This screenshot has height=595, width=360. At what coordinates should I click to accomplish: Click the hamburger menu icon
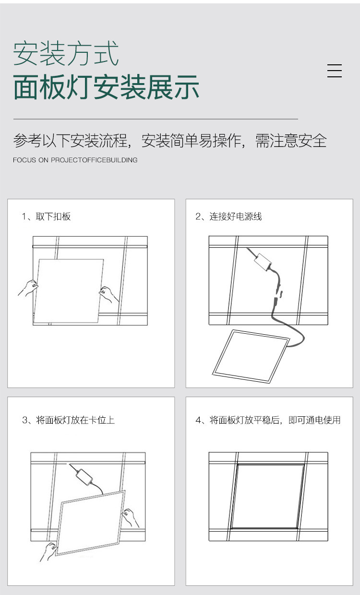[334, 71]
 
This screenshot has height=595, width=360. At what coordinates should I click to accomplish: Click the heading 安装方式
[66, 53]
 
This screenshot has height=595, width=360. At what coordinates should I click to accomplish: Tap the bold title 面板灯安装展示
[106, 87]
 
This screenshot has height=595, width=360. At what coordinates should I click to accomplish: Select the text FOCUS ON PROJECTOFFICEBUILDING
[75, 160]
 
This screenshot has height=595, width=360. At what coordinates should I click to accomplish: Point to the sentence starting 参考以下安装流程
[169, 141]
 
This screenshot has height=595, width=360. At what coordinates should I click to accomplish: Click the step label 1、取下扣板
[46, 217]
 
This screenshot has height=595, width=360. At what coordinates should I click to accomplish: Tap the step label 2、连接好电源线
[228, 217]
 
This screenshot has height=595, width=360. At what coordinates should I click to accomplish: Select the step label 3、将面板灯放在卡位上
[68, 420]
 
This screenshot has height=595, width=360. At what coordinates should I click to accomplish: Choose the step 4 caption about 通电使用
[268, 420]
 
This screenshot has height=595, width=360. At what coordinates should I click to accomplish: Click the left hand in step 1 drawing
[29, 288]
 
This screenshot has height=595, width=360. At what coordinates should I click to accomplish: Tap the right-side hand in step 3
[130, 518]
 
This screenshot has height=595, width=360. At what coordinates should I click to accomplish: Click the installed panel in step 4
[268, 496]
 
